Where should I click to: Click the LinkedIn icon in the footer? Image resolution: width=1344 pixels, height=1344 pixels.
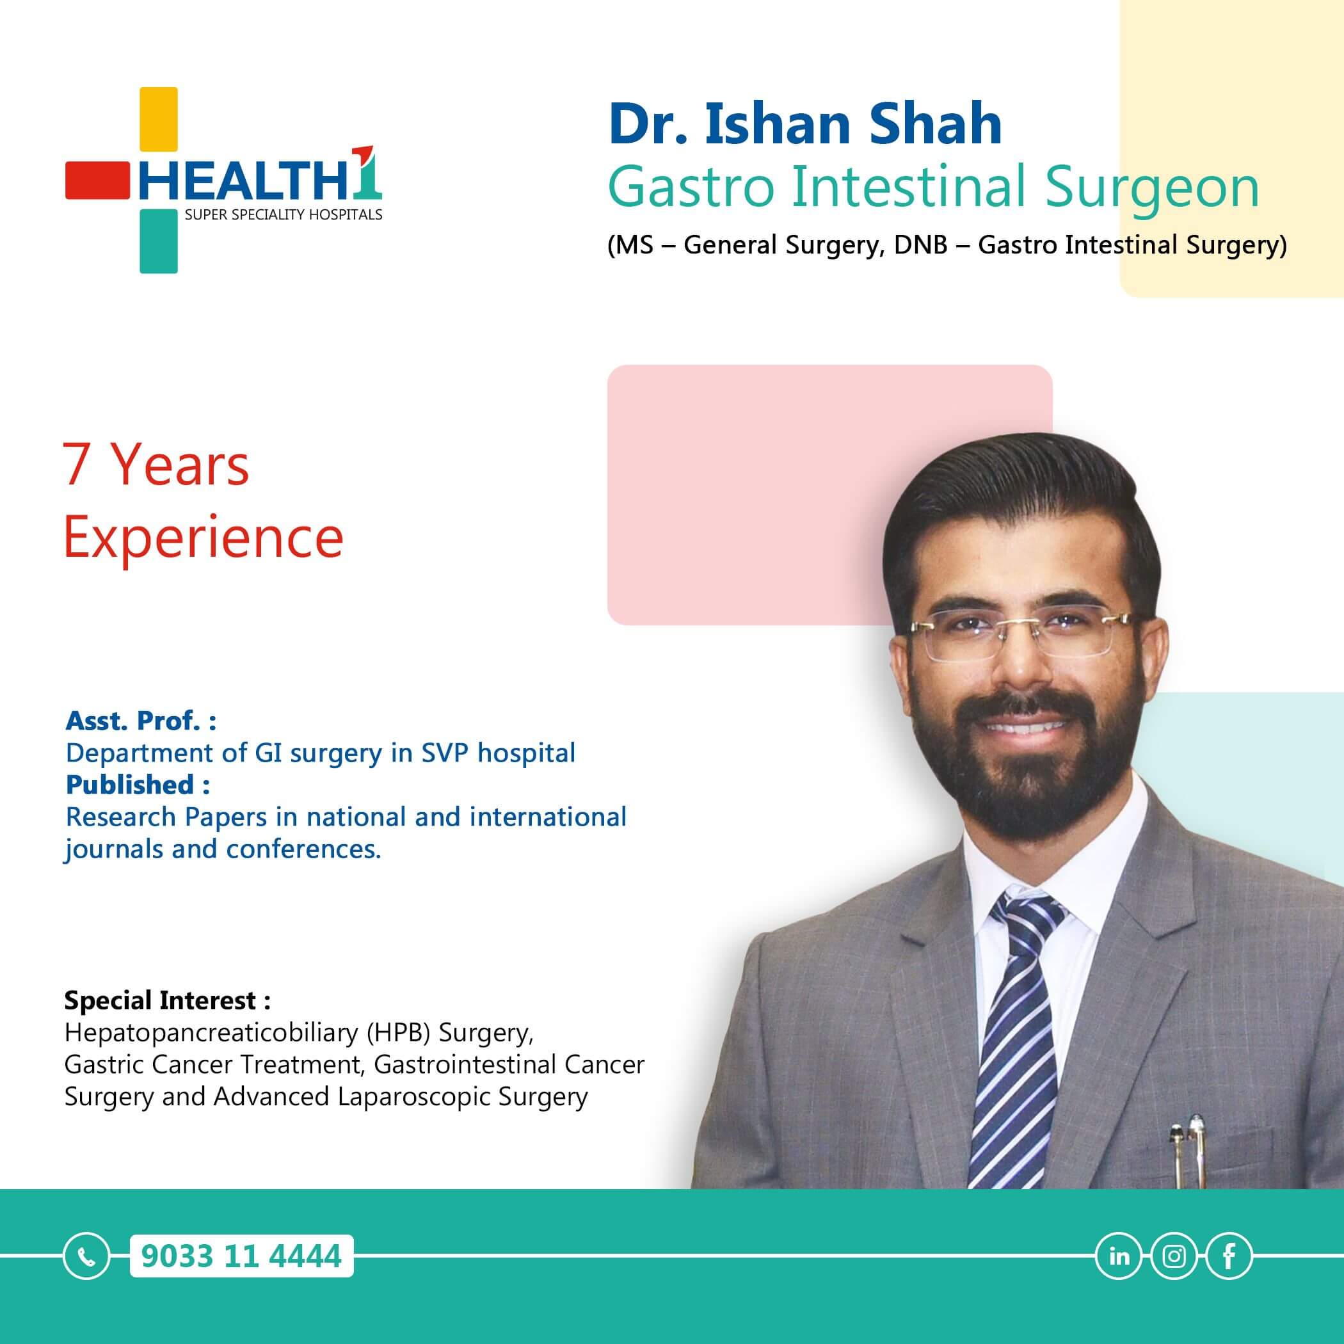pos(1119,1256)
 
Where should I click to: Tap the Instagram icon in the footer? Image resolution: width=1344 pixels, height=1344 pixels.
pos(1174,1256)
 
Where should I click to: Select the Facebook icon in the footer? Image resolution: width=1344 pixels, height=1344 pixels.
pos(1229,1256)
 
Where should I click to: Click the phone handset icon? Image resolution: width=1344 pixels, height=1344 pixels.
pos(86,1256)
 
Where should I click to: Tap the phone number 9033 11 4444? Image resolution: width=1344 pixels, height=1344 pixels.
pos(241,1256)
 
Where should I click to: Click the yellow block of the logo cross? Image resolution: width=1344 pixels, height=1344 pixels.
pos(159,119)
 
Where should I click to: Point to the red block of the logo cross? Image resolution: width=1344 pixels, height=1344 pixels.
pos(97,181)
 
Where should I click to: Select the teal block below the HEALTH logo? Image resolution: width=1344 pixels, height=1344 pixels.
pos(159,241)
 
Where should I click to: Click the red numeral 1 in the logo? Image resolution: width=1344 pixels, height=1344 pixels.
pos(367,170)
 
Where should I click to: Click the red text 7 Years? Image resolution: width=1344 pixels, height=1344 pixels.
pos(156,465)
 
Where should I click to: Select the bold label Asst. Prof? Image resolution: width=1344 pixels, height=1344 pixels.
pos(134,721)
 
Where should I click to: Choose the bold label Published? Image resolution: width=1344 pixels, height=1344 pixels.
pos(130,785)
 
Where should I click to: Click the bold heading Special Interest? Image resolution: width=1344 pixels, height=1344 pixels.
pos(161,1000)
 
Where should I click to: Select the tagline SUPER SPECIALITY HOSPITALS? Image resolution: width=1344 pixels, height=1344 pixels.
pos(283,215)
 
